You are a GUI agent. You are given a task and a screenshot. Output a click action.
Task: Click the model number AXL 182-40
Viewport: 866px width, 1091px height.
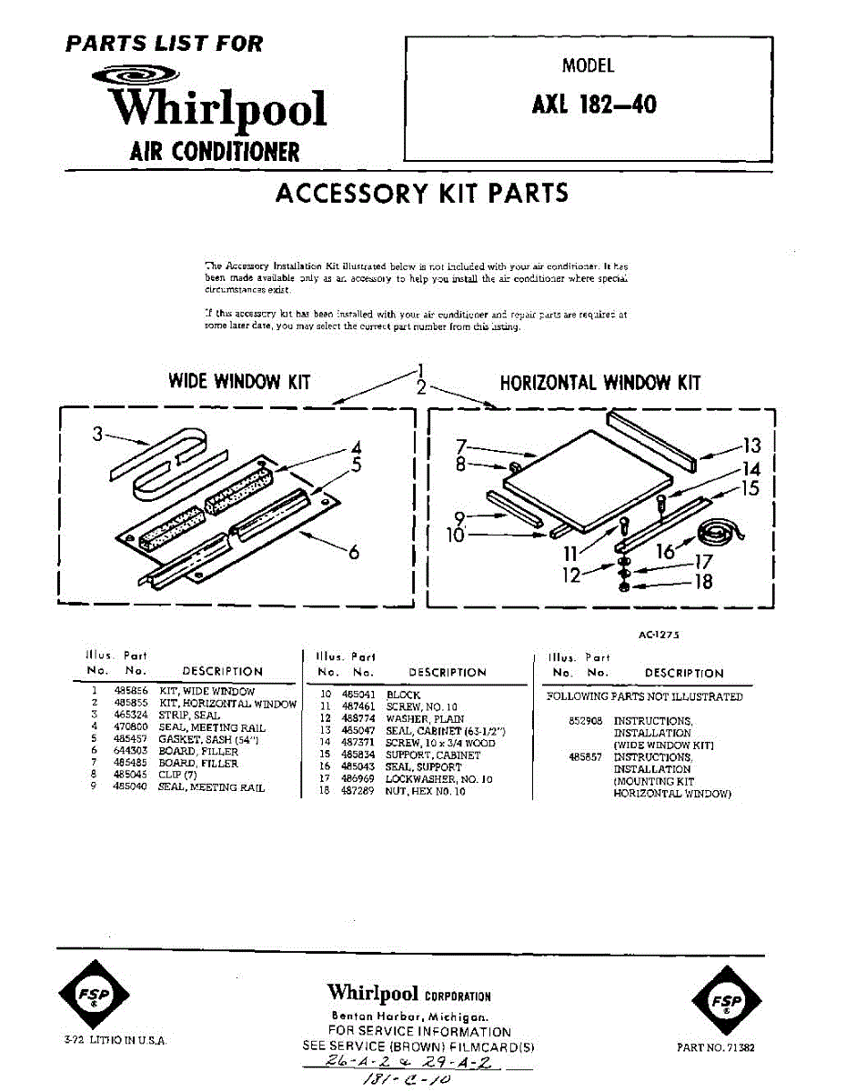click(593, 105)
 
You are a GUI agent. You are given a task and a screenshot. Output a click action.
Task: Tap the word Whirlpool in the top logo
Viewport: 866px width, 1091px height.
click(218, 109)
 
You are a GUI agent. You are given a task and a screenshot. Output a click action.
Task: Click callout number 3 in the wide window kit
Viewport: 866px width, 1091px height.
click(97, 435)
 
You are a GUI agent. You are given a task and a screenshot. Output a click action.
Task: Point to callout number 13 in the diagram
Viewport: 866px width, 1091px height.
click(751, 445)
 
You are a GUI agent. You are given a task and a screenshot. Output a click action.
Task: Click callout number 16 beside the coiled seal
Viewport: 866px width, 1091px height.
click(666, 550)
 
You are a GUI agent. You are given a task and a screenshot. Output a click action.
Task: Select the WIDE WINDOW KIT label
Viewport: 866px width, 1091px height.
click(239, 382)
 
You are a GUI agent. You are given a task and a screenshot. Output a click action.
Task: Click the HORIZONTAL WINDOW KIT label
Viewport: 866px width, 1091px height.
click(600, 383)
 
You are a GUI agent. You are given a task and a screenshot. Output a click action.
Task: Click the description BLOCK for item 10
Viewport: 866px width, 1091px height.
click(403, 695)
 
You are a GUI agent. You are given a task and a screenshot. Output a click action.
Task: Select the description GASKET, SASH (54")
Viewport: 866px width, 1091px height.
click(197, 739)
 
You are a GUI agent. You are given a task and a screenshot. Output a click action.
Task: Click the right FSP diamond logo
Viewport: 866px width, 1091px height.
click(725, 1002)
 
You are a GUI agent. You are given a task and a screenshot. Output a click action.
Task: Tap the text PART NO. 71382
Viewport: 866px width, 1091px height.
click(716, 1047)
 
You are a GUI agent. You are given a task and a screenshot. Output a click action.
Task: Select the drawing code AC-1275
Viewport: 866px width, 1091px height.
click(660, 636)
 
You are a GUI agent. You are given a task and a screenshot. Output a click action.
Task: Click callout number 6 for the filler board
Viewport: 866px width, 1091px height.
click(354, 551)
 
